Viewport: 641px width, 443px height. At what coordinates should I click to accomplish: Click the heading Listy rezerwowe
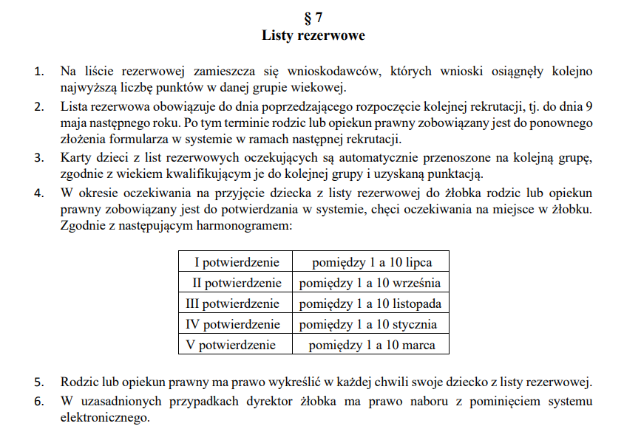tap(313, 35)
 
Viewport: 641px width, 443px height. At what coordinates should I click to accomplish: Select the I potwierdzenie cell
tap(237, 262)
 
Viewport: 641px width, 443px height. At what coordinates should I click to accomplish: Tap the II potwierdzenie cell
tap(237, 283)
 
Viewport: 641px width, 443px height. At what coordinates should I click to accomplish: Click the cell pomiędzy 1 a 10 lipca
tap(371, 262)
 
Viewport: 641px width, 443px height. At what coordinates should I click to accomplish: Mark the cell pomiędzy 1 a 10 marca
tap(371, 345)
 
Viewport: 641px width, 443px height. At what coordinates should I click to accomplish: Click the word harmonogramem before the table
tap(237, 226)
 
